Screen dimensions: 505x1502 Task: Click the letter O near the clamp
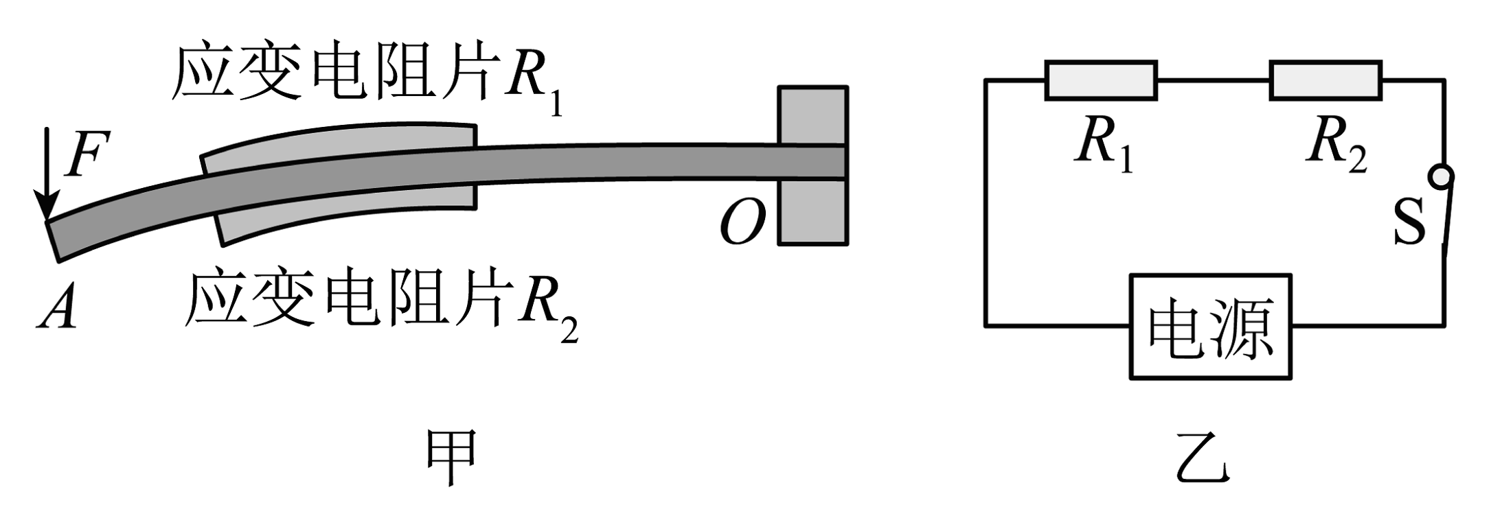pyautogui.click(x=742, y=223)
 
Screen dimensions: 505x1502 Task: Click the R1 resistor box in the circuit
pyautogui.click(x=1100, y=81)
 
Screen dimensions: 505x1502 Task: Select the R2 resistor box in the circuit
pyautogui.click(x=1325, y=81)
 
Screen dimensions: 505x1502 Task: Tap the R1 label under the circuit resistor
pyautogui.click(x=1103, y=145)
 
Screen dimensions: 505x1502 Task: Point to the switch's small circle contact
pyautogui.click(x=1440, y=177)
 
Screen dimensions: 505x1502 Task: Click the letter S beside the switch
pyautogui.click(x=1409, y=222)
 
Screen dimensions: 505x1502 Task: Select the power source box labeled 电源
pyautogui.click(x=1210, y=327)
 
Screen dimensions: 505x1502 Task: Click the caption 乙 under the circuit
pyautogui.click(x=1202, y=457)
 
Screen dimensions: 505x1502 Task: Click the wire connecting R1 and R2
pyautogui.click(x=1213, y=81)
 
